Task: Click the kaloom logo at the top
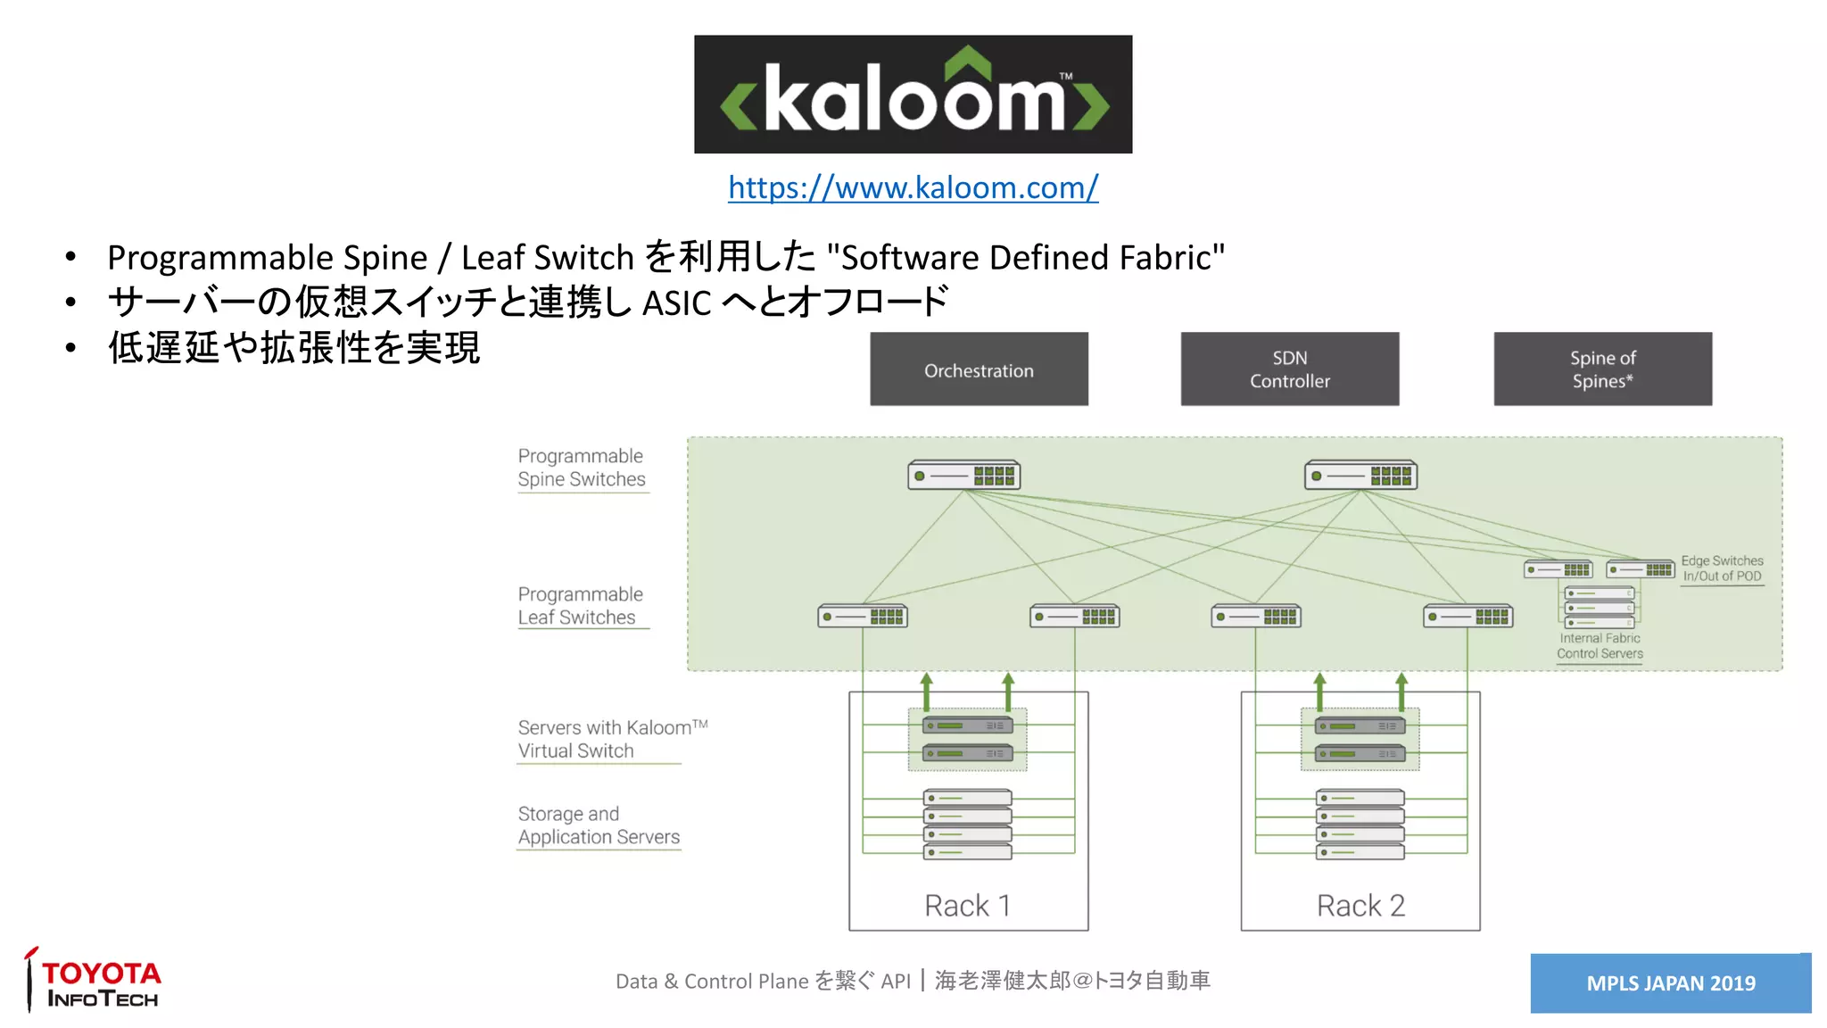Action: pos(913,95)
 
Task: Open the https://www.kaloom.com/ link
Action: pos(913,187)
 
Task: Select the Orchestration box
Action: pos(979,369)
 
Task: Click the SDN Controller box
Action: pos(1289,369)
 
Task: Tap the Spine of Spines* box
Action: pos(1602,369)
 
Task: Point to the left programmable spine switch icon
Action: pos(963,475)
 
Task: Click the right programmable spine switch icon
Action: pos(1360,475)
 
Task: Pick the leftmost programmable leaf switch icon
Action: pos(863,617)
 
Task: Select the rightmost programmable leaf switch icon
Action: pos(1467,617)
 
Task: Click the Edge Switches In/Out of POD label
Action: pos(1722,568)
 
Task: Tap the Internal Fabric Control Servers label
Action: pos(1600,646)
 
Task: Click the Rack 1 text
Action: pos(967,906)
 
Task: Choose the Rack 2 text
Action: pos(1360,906)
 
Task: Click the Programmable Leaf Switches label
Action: pos(580,606)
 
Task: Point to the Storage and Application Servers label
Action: pos(598,825)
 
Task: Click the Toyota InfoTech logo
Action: pos(94,982)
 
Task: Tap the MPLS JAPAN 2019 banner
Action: pos(1670,983)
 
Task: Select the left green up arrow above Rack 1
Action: pos(927,692)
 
